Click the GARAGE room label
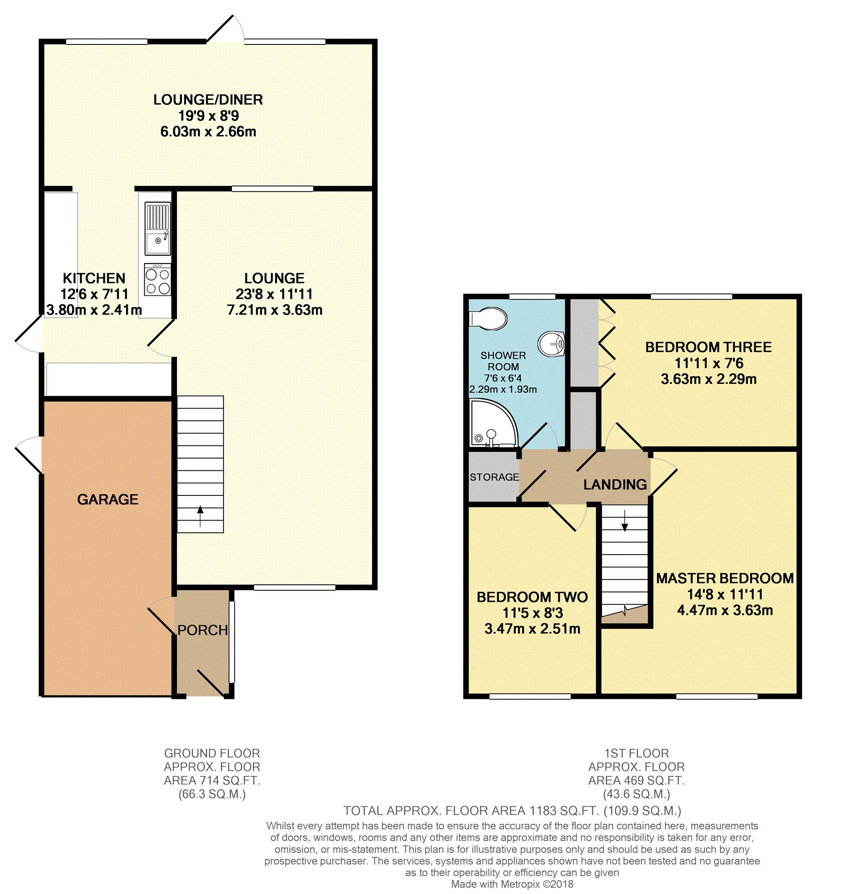click(x=108, y=500)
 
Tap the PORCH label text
click(x=203, y=631)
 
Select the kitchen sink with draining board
click(x=158, y=229)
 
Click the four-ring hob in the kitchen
click(x=158, y=279)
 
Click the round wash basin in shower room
click(x=551, y=344)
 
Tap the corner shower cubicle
click(x=493, y=424)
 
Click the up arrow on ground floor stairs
click(x=200, y=516)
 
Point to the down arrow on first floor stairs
click(x=625, y=521)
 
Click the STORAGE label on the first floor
click(x=494, y=477)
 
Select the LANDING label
click(x=615, y=485)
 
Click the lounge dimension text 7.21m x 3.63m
click(x=275, y=310)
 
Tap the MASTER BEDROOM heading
click(x=725, y=579)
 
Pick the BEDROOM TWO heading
click(x=532, y=597)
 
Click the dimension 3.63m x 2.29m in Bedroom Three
click(x=709, y=379)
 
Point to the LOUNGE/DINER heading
click(x=208, y=99)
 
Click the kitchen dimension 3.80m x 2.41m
click(x=94, y=310)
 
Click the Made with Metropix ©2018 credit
click(x=512, y=884)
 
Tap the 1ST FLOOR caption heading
click(x=636, y=753)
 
